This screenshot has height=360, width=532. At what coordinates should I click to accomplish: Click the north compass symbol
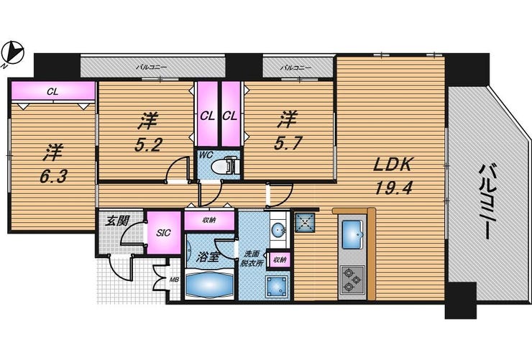pyautogui.click(x=13, y=53)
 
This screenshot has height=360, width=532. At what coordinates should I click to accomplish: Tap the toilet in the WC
pyautogui.click(x=225, y=166)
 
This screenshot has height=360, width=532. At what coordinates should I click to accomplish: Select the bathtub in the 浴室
pyautogui.click(x=208, y=282)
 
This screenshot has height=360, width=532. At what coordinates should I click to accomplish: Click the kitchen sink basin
pyautogui.click(x=352, y=234)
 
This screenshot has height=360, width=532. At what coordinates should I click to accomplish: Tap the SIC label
pyautogui.click(x=163, y=233)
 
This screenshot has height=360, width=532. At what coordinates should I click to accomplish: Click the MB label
pyautogui.click(x=175, y=280)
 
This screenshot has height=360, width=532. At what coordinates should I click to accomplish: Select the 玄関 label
pyautogui.click(x=116, y=221)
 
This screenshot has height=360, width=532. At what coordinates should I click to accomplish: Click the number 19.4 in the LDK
pyautogui.click(x=393, y=188)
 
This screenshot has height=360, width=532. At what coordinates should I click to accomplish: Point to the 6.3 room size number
pyautogui.click(x=53, y=176)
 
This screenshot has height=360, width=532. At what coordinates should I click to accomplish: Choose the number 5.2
pyautogui.click(x=148, y=145)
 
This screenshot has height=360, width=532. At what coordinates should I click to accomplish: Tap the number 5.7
pyautogui.click(x=288, y=144)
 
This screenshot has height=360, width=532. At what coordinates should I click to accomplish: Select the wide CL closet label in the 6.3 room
pyautogui.click(x=52, y=91)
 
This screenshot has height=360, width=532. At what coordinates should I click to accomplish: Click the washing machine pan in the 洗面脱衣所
pyautogui.click(x=278, y=286)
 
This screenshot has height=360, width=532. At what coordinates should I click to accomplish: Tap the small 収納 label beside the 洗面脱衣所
pyautogui.click(x=280, y=260)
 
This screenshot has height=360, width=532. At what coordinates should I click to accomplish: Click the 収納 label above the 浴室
pyautogui.click(x=209, y=221)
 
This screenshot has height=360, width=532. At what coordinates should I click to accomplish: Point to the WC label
pyautogui.click(x=206, y=155)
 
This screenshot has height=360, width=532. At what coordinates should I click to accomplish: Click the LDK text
pyautogui.click(x=393, y=165)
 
